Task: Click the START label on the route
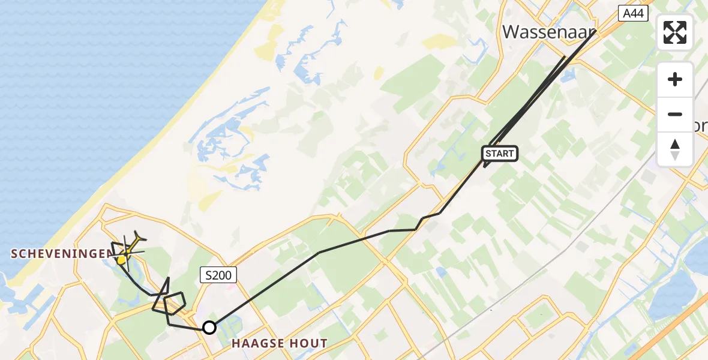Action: tap(500, 154)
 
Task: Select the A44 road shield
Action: tap(633, 13)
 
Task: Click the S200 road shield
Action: tap(218, 275)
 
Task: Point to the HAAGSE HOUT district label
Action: tap(280, 344)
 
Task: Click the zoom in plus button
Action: tap(675, 80)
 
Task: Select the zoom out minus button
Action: tap(675, 114)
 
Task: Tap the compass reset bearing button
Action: tap(675, 149)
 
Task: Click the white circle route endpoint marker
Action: tap(209, 328)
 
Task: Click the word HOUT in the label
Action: tap(309, 344)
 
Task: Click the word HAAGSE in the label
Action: tap(259, 344)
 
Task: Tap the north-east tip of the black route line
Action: tap(595, 31)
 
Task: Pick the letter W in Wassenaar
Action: tap(512, 31)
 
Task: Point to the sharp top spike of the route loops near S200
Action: tap(169, 278)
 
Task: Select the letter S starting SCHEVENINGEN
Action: tap(14, 254)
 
